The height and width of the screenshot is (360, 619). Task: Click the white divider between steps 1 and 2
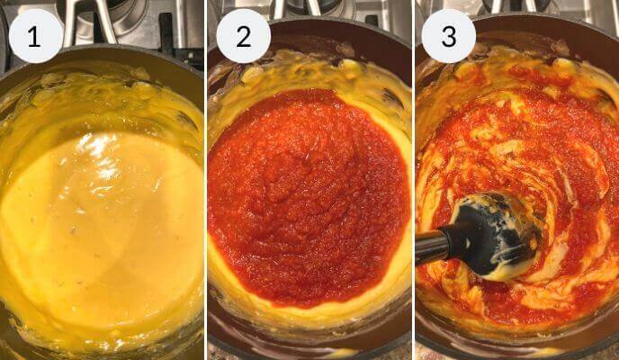pos(206,180)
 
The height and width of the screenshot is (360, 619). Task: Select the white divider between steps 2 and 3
pos(413,180)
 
